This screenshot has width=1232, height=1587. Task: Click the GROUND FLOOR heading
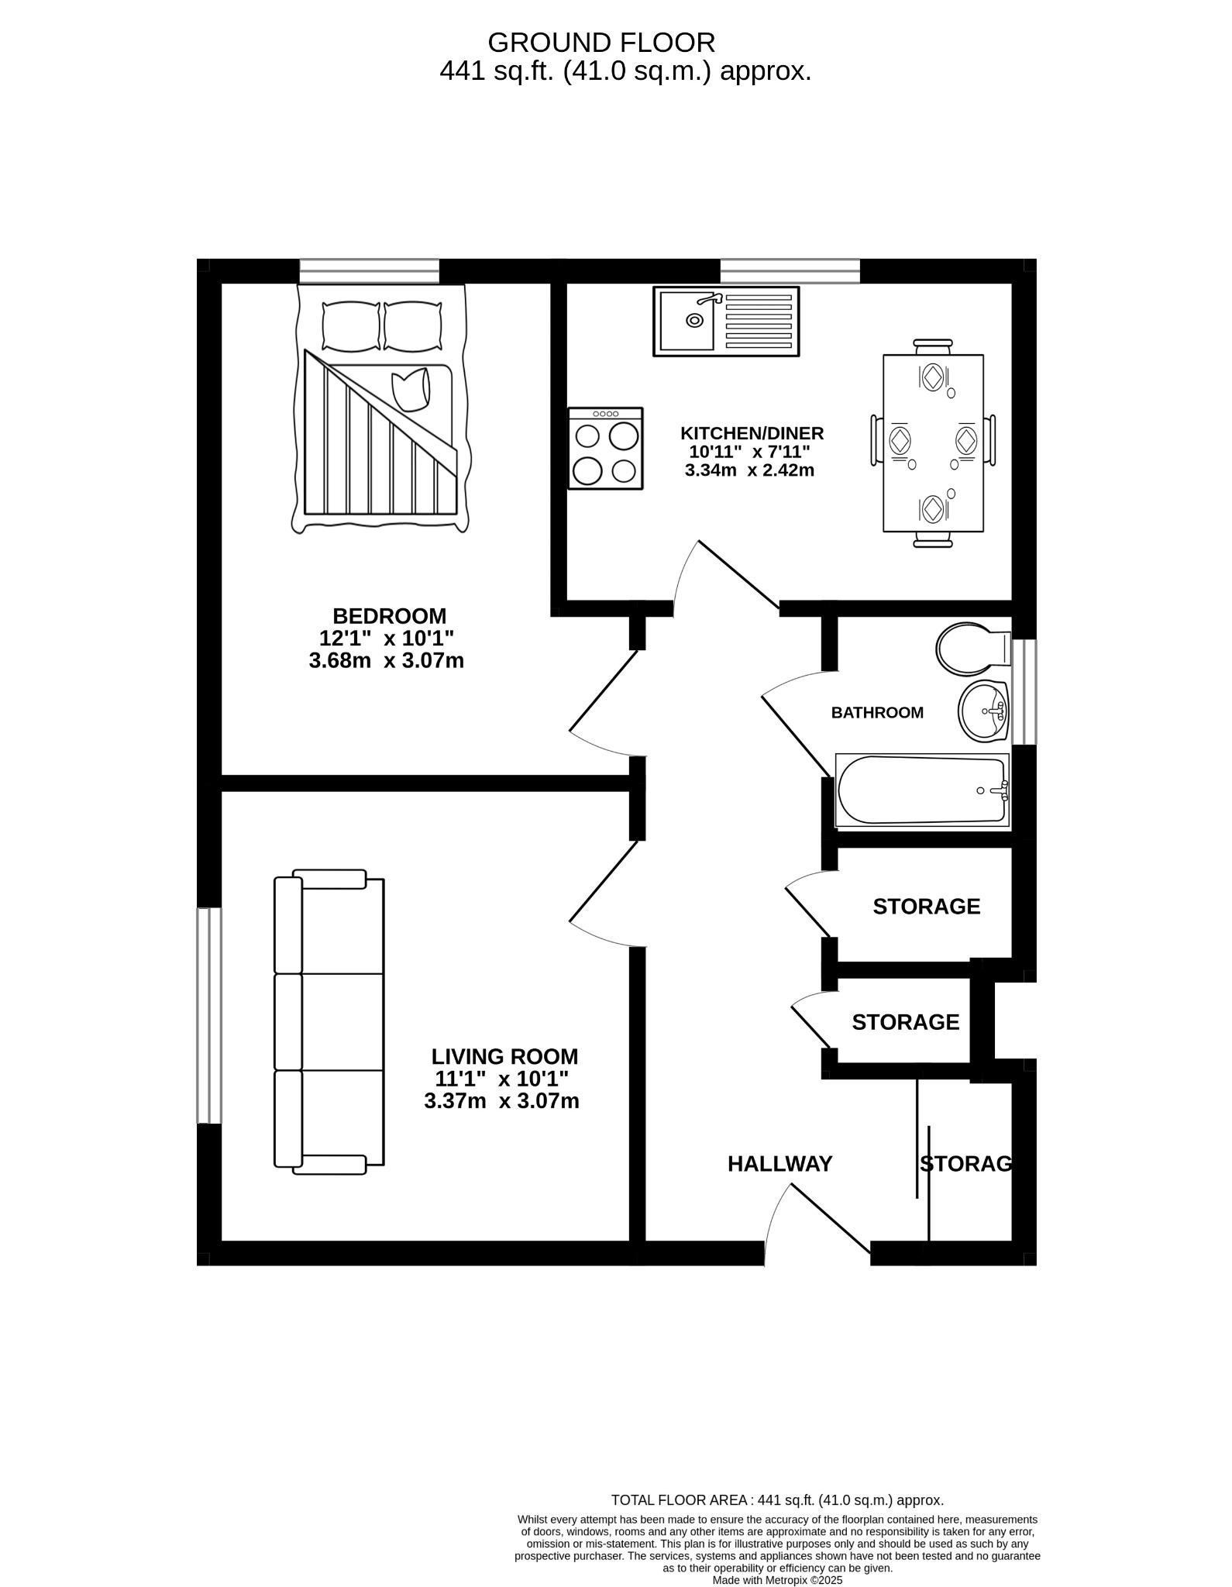pos(601,42)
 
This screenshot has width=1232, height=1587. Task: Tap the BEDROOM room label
pos(389,616)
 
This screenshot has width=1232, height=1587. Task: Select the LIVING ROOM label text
pos(504,1056)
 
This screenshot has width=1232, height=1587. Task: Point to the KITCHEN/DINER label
pos(751,433)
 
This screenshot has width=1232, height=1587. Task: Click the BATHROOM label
pos(876,712)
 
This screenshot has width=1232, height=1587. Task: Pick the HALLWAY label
pos(779,1164)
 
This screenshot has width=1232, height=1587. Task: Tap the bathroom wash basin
pos(983,711)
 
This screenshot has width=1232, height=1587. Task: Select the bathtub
pos(921,790)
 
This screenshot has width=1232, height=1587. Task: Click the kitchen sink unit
pos(725,322)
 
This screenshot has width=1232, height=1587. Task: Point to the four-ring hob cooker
pos(605,449)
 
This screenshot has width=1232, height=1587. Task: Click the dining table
pos(933,443)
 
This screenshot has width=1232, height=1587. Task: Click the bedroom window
pos(369,271)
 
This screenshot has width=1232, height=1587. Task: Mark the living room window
pos(208,1015)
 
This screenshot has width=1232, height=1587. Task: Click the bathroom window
pos(1024,692)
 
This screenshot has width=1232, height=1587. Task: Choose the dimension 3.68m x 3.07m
pos(386,661)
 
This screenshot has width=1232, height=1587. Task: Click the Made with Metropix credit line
pos(776,1580)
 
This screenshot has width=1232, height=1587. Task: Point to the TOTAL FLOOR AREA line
pos(776,1522)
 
